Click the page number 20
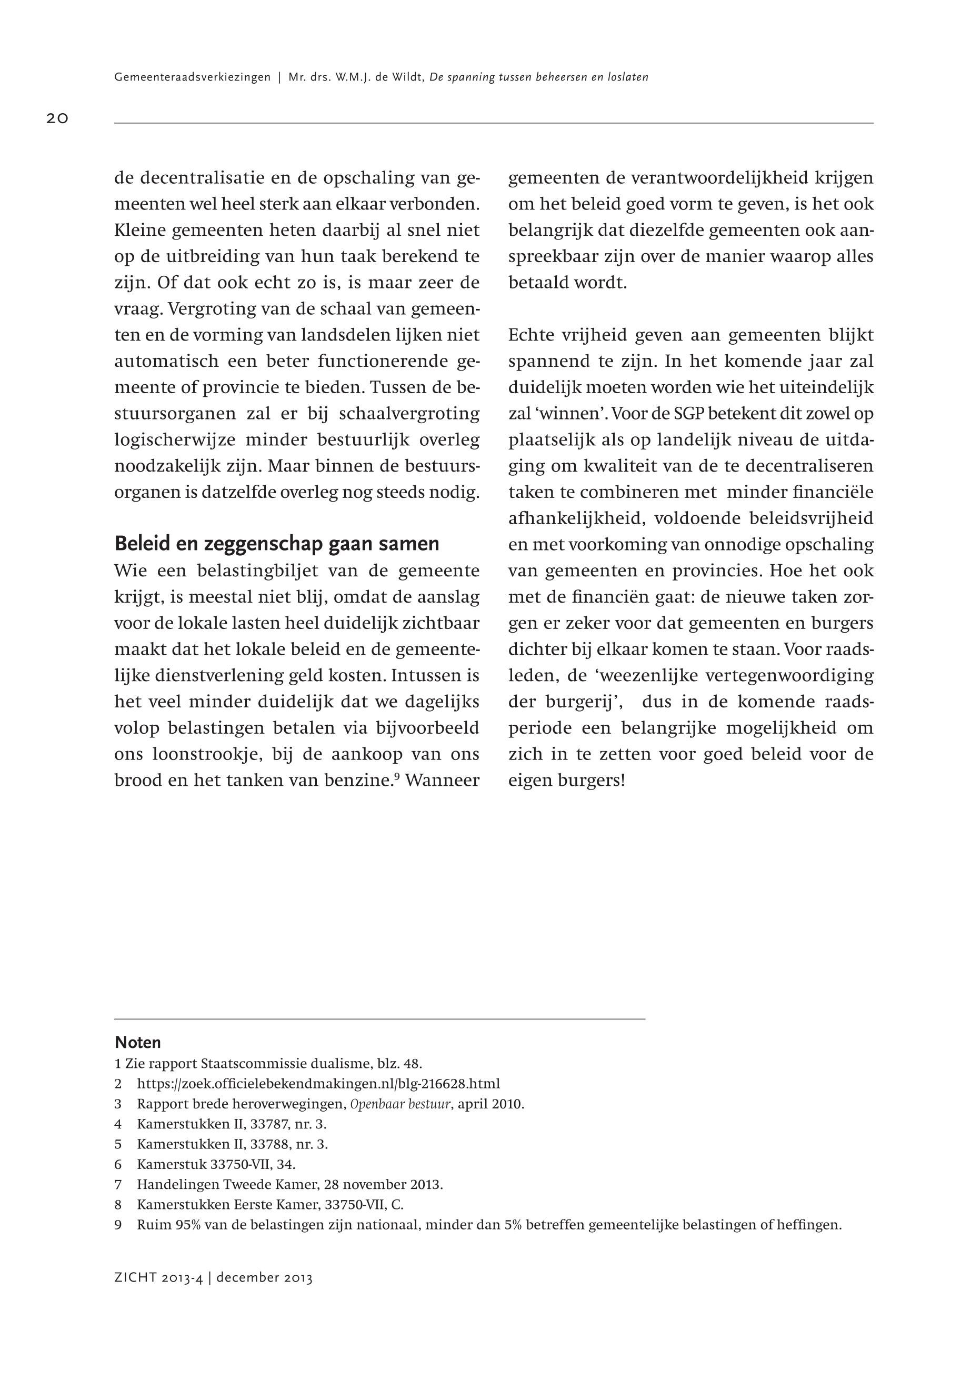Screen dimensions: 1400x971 [x=57, y=118]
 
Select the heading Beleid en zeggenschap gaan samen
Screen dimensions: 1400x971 [x=277, y=543]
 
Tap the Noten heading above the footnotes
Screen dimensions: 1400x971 [x=137, y=1042]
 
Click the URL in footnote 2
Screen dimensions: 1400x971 [x=318, y=1084]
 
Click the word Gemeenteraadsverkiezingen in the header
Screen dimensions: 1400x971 [x=192, y=77]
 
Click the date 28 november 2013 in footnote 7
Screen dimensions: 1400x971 [x=384, y=1185]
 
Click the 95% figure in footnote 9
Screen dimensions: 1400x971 [x=188, y=1225]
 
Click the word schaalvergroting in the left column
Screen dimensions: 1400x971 [x=409, y=414]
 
